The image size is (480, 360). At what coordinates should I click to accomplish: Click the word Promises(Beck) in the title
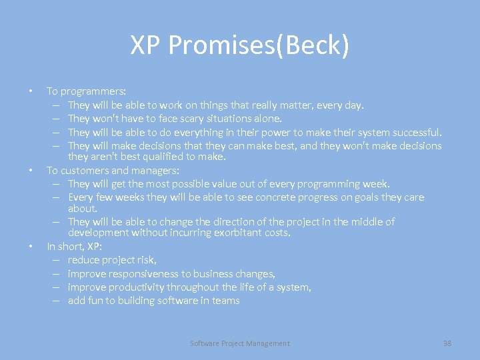(259, 46)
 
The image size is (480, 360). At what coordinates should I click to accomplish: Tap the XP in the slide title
(146, 46)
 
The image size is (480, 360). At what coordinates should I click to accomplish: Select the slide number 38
(447, 343)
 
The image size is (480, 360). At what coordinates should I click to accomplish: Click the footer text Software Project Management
(240, 343)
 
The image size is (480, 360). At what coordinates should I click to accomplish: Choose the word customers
(80, 171)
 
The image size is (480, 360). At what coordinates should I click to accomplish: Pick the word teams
(226, 300)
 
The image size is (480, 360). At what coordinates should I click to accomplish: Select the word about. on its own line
(83, 208)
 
